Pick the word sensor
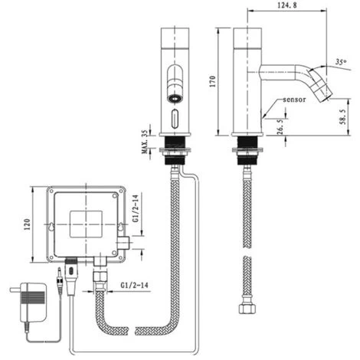point(295,100)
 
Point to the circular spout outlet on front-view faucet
point(174,98)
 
